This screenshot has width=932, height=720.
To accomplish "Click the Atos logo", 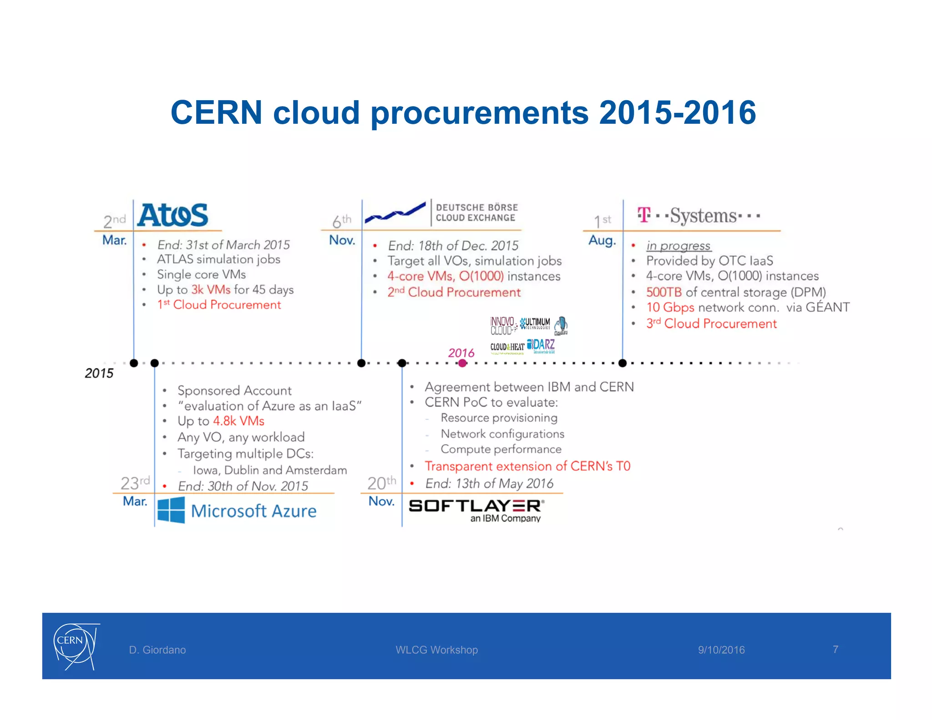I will [x=173, y=215].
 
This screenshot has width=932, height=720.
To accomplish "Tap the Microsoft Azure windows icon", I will [x=171, y=510].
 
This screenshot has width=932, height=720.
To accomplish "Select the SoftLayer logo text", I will [x=476, y=506].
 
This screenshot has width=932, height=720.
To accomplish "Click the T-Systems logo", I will [x=699, y=215].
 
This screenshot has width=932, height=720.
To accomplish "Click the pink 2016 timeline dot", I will [x=462, y=363].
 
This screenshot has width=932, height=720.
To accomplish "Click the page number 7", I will [x=836, y=649].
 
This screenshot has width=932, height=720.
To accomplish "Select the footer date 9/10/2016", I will [x=721, y=650].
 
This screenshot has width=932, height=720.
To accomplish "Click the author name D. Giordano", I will [x=157, y=650].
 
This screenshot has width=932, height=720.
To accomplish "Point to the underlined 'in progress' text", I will [x=678, y=246].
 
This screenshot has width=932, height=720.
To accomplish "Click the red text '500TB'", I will [x=664, y=292].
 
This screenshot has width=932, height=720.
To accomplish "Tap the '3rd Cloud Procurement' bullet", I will [x=711, y=324].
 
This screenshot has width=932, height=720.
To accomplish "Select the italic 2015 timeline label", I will [x=99, y=374].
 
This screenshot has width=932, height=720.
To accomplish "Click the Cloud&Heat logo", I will [x=507, y=347].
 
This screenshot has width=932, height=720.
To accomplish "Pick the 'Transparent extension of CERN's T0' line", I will [x=527, y=466].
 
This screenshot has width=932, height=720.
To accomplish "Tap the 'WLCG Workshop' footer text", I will [x=436, y=650].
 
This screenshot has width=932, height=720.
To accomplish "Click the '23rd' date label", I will [x=135, y=482].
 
